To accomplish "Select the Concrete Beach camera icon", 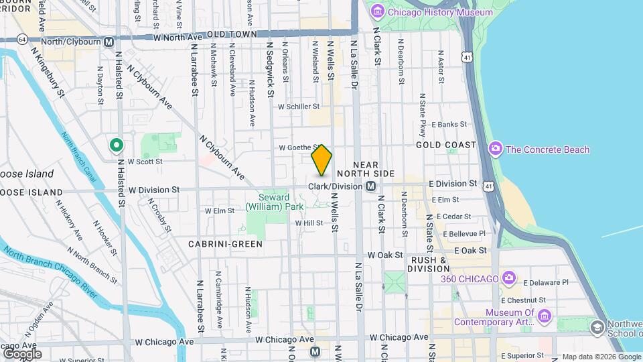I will [496, 149].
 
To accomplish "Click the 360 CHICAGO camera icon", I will [509, 278].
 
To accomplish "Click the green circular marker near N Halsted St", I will [116, 144].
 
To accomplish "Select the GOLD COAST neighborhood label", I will [445, 145].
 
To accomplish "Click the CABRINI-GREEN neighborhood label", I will [225, 244].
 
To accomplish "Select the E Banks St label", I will [449, 124].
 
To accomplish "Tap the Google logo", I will [21, 353].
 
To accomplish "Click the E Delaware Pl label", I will [546, 282].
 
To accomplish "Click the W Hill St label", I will [309, 223].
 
